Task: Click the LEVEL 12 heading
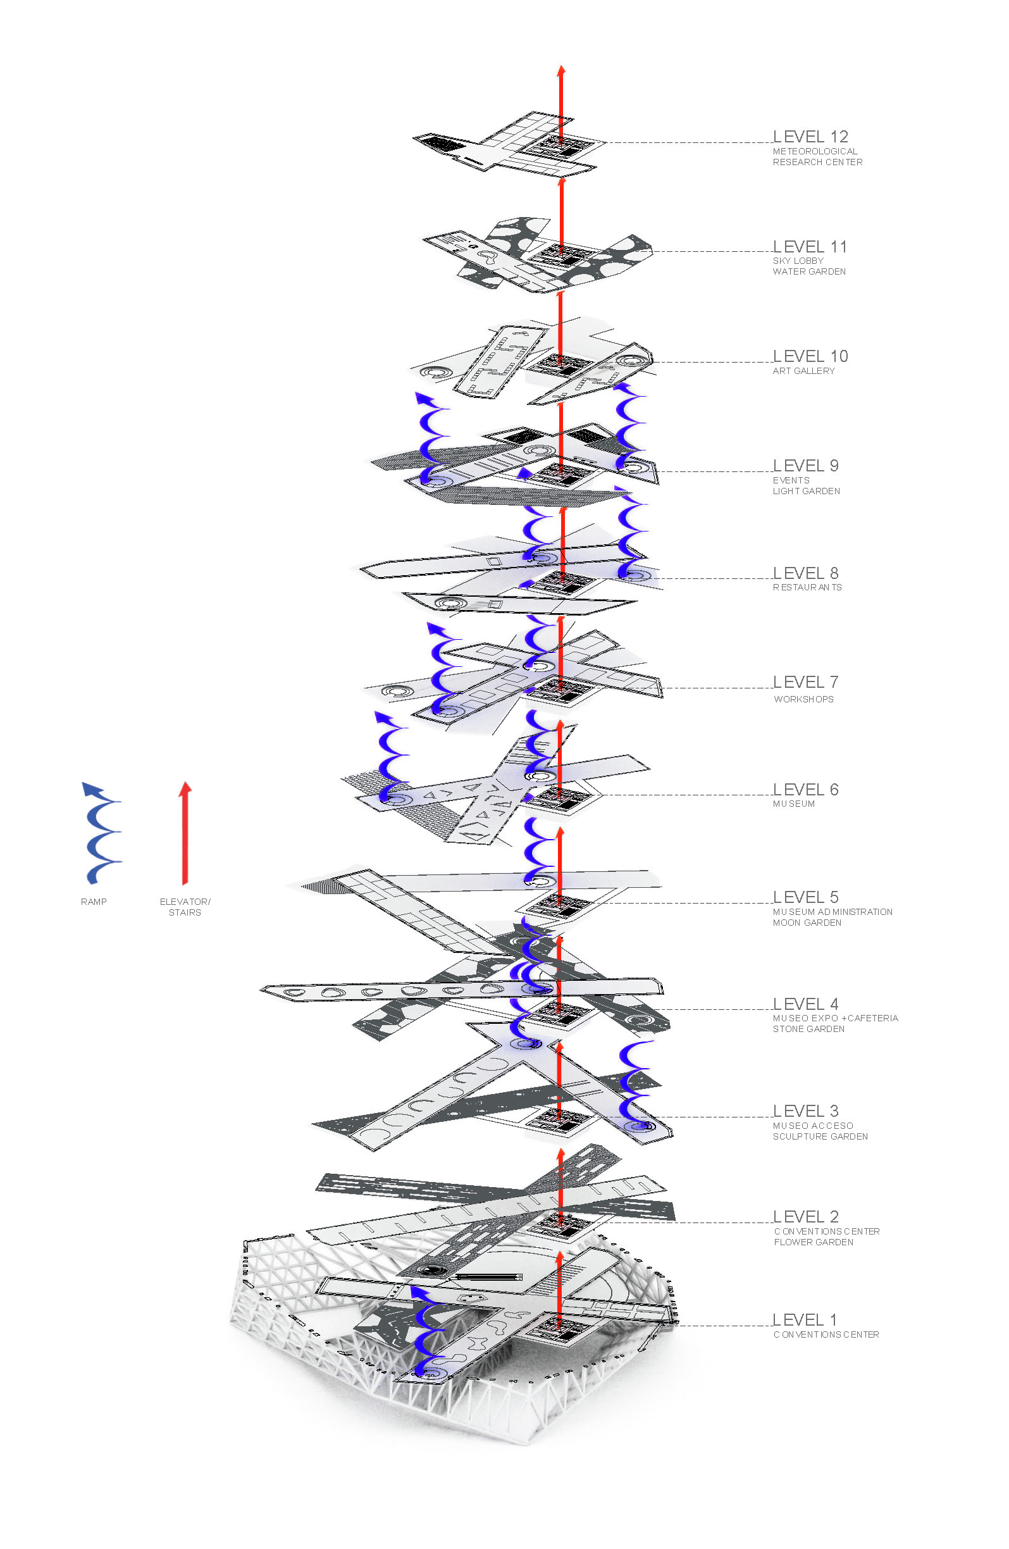click(x=810, y=137)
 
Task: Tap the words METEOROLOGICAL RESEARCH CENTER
click(x=817, y=157)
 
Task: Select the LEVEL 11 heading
click(x=810, y=247)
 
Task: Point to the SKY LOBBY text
click(x=798, y=261)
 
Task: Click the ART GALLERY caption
click(x=803, y=371)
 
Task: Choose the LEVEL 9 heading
click(x=805, y=466)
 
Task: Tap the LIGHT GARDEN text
click(x=806, y=492)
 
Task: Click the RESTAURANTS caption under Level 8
click(x=807, y=587)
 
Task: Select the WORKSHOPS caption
click(x=803, y=699)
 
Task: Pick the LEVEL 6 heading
click(x=805, y=790)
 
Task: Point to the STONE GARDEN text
click(x=808, y=1029)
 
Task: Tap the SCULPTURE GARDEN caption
click(x=820, y=1136)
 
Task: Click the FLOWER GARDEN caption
click(x=813, y=1242)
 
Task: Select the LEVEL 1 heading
click(x=804, y=1320)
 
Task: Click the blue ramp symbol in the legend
click(x=101, y=833)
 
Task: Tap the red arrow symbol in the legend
click(x=185, y=833)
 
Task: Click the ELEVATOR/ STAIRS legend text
click(x=185, y=907)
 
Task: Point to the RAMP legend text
click(x=94, y=902)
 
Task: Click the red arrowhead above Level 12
click(x=560, y=70)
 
